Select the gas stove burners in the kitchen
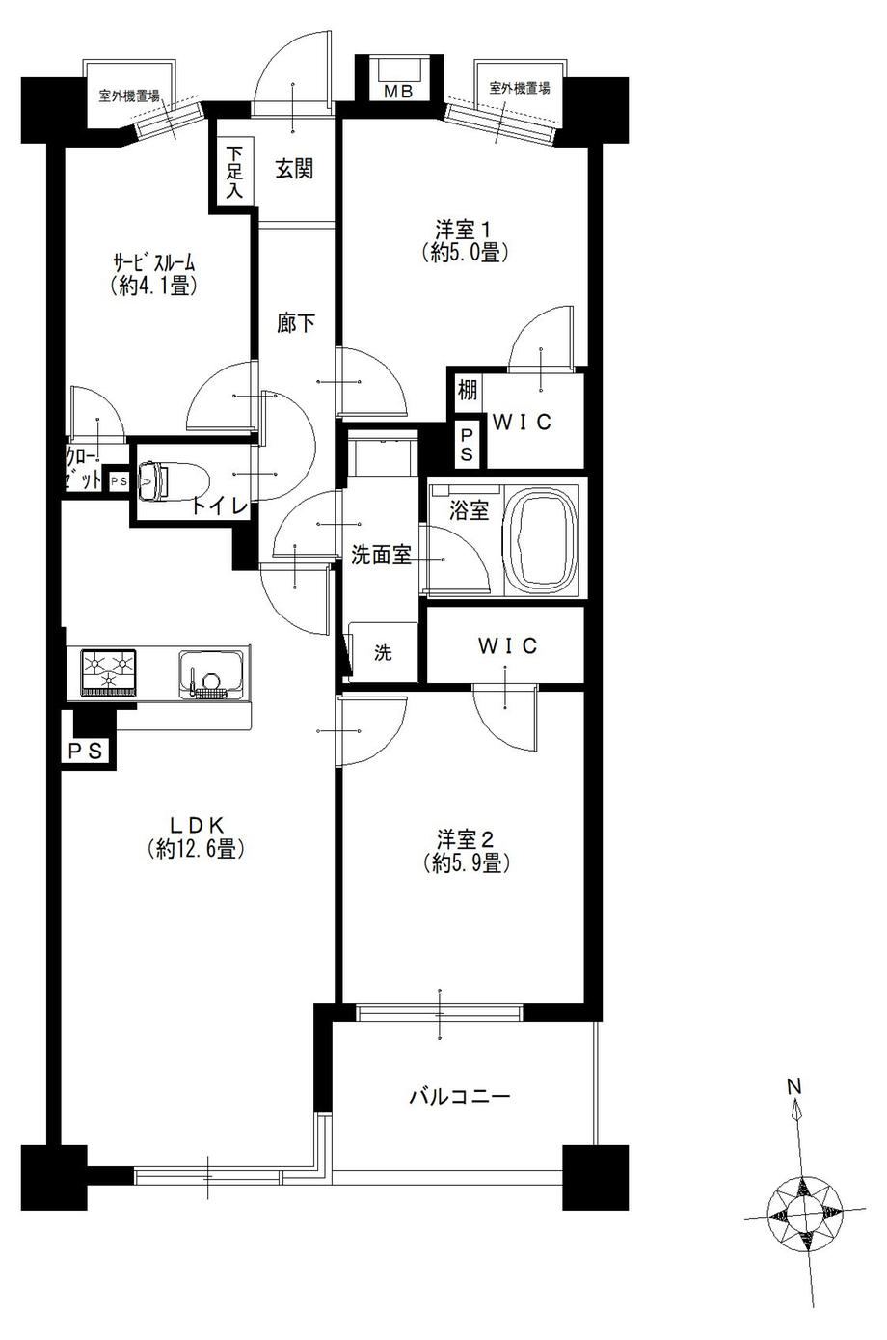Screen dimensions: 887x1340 point(109,672)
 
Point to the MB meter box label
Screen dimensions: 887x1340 point(399,92)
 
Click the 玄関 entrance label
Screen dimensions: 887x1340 point(295,169)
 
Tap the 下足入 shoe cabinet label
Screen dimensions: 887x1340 point(235,173)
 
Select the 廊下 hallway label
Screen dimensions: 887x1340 point(296,323)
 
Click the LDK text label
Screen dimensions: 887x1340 point(197,825)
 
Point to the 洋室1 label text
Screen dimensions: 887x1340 point(464,229)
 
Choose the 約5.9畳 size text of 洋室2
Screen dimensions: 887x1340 point(467,863)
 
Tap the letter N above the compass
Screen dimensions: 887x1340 point(794,1085)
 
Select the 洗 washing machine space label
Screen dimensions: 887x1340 point(383,652)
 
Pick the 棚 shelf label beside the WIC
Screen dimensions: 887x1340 point(468,391)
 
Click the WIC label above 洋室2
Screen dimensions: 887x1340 point(507,646)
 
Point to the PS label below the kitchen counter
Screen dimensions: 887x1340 point(86,751)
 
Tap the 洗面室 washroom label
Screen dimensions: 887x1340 point(381,556)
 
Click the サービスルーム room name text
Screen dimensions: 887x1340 point(154,262)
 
